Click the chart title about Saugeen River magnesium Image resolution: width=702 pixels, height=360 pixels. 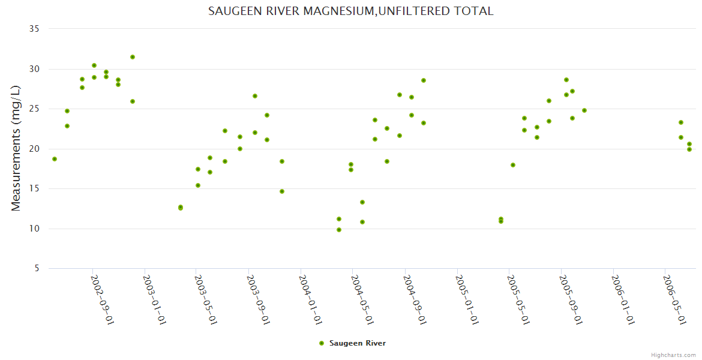pyautogui.click(x=350, y=11)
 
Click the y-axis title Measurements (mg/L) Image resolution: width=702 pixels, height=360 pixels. pyautogui.click(x=16, y=148)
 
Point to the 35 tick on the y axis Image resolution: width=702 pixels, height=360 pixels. pyautogui.click(x=34, y=29)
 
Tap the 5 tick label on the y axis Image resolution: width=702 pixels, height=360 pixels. pyautogui.click(x=37, y=269)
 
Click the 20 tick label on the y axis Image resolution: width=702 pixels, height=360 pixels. pyautogui.click(x=34, y=149)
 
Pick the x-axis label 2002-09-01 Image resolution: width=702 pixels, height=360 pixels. pyautogui.click(x=102, y=299)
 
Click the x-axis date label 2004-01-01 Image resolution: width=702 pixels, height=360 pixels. pyautogui.click(x=310, y=299)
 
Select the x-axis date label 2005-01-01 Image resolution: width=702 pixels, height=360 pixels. pyautogui.click(x=466, y=299)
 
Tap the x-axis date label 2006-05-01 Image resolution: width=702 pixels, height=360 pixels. pyautogui.click(x=674, y=299)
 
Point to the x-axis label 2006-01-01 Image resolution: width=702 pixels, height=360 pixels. pyautogui.click(x=622, y=299)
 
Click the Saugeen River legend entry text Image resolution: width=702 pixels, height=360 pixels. pyautogui.click(x=358, y=343)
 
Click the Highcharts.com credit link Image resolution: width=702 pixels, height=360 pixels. pyautogui.click(x=673, y=355)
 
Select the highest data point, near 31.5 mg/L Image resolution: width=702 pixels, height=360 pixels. pyautogui.click(x=133, y=57)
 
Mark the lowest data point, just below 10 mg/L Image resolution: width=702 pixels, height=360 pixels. pyautogui.click(x=339, y=230)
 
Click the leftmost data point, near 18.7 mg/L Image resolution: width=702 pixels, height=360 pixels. pyautogui.click(x=55, y=159)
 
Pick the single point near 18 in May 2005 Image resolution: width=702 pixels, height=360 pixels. pyautogui.click(x=513, y=165)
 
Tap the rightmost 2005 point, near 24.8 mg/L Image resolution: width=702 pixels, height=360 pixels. pyautogui.click(x=584, y=110)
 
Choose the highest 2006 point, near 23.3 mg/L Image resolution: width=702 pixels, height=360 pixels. pyautogui.click(x=681, y=122)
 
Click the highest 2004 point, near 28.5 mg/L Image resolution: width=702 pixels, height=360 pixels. pyautogui.click(x=424, y=80)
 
